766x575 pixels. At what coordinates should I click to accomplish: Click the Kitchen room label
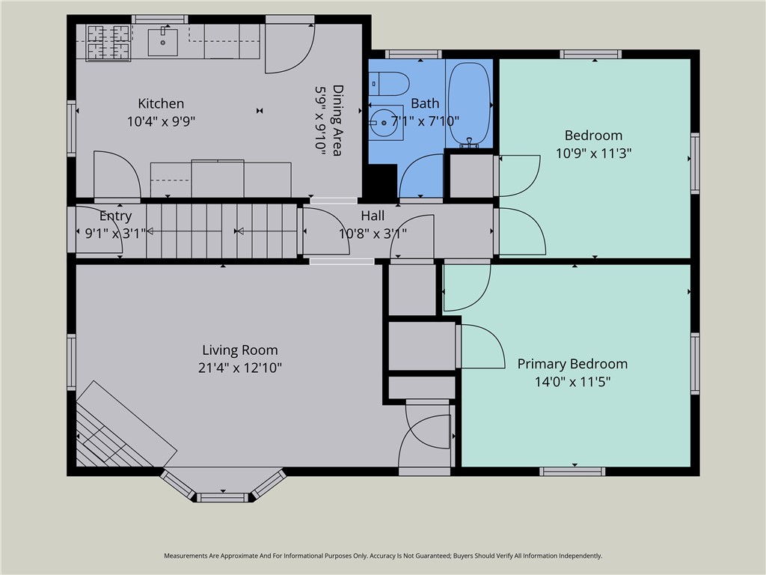click(x=161, y=103)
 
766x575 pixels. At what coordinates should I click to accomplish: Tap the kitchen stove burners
click(x=108, y=43)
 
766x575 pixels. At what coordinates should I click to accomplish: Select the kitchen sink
click(x=162, y=42)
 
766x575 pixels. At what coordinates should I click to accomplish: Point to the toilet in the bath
click(x=389, y=84)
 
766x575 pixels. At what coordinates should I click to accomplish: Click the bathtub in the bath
click(x=469, y=103)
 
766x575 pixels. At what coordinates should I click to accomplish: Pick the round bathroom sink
click(x=384, y=123)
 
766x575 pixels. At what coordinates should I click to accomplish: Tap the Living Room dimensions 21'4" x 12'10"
click(x=240, y=368)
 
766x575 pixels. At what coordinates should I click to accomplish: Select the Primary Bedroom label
click(x=572, y=364)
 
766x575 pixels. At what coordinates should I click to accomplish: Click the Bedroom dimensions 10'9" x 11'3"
click(x=593, y=153)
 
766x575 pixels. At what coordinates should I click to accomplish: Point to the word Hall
click(x=373, y=216)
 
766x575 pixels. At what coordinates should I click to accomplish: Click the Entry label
click(x=116, y=216)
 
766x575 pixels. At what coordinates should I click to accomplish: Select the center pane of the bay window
click(x=223, y=498)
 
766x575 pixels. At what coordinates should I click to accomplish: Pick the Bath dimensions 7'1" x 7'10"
click(x=425, y=121)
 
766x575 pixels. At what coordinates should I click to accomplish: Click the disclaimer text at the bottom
click(x=383, y=556)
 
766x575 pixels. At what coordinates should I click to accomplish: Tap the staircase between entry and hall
click(x=221, y=231)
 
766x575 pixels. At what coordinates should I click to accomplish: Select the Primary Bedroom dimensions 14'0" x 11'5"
click(x=572, y=382)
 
